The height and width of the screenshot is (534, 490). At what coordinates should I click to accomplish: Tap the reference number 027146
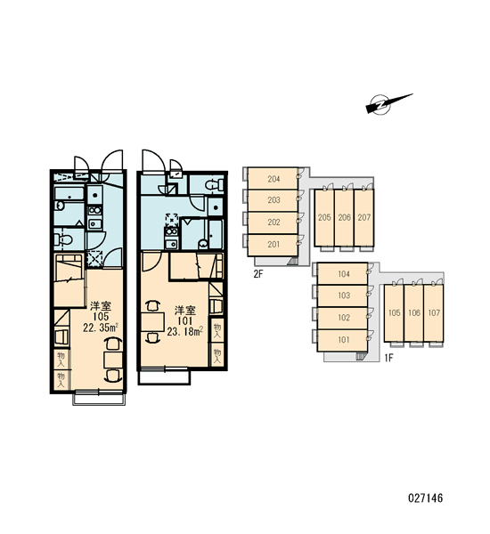425,498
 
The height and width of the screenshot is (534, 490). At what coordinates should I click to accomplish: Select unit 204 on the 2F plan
273,179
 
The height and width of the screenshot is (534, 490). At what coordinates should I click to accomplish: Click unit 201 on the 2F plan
273,245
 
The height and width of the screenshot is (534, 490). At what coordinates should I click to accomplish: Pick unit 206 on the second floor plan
345,217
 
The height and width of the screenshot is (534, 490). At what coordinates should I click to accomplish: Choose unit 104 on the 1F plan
343,274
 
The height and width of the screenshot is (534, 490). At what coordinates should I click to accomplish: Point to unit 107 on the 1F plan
434,312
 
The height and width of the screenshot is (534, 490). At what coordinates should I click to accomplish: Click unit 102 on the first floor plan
343,318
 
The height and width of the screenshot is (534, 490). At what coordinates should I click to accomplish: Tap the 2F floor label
258,273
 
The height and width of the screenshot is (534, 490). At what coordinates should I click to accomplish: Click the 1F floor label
388,358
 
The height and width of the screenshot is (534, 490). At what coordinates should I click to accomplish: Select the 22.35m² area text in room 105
101,328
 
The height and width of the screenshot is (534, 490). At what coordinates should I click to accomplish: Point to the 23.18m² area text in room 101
185,331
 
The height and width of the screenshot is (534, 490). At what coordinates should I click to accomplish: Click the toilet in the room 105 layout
64,239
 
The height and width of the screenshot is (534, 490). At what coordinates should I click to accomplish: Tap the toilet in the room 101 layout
214,185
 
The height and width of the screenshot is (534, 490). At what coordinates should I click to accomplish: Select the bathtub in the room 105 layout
69,194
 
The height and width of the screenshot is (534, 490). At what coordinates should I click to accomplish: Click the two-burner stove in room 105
94,210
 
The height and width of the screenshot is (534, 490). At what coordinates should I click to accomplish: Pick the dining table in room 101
152,321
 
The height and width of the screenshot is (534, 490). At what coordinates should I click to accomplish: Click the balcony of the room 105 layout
99,399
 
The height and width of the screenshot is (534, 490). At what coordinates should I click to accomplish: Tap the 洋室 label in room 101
185,311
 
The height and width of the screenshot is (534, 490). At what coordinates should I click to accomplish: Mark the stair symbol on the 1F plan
360,356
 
